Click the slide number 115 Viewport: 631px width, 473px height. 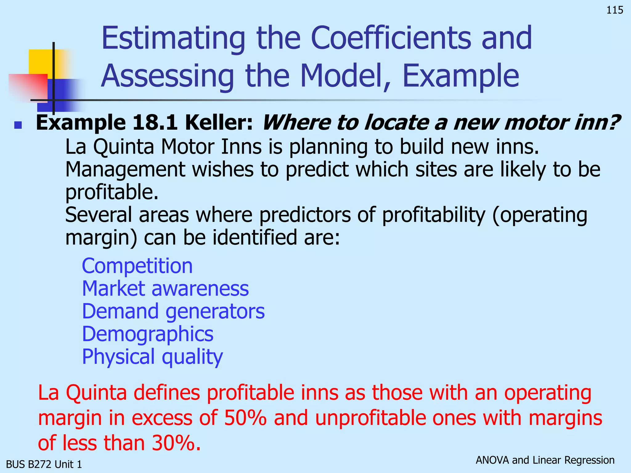click(614, 10)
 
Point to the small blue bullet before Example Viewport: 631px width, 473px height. click(18, 125)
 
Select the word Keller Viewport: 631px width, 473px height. click(219, 123)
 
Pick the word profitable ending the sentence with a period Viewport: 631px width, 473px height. click(112, 192)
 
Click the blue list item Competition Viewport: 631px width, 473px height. click(137, 266)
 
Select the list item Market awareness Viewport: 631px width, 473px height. click(165, 289)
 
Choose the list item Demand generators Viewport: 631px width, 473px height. click(173, 311)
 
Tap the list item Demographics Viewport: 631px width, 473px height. click(148, 334)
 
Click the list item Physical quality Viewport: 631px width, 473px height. click(152, 357)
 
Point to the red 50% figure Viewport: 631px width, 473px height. click(245, 418)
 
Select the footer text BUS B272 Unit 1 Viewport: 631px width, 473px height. click(44, 464)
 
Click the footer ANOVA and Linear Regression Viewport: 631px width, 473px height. click(545, 460)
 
